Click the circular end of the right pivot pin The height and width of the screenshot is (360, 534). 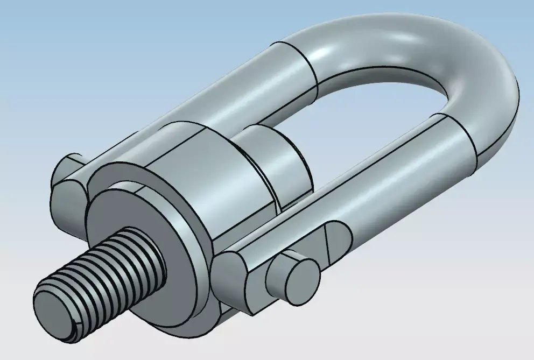click(300, 277)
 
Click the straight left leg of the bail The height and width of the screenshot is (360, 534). click(215, 91)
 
